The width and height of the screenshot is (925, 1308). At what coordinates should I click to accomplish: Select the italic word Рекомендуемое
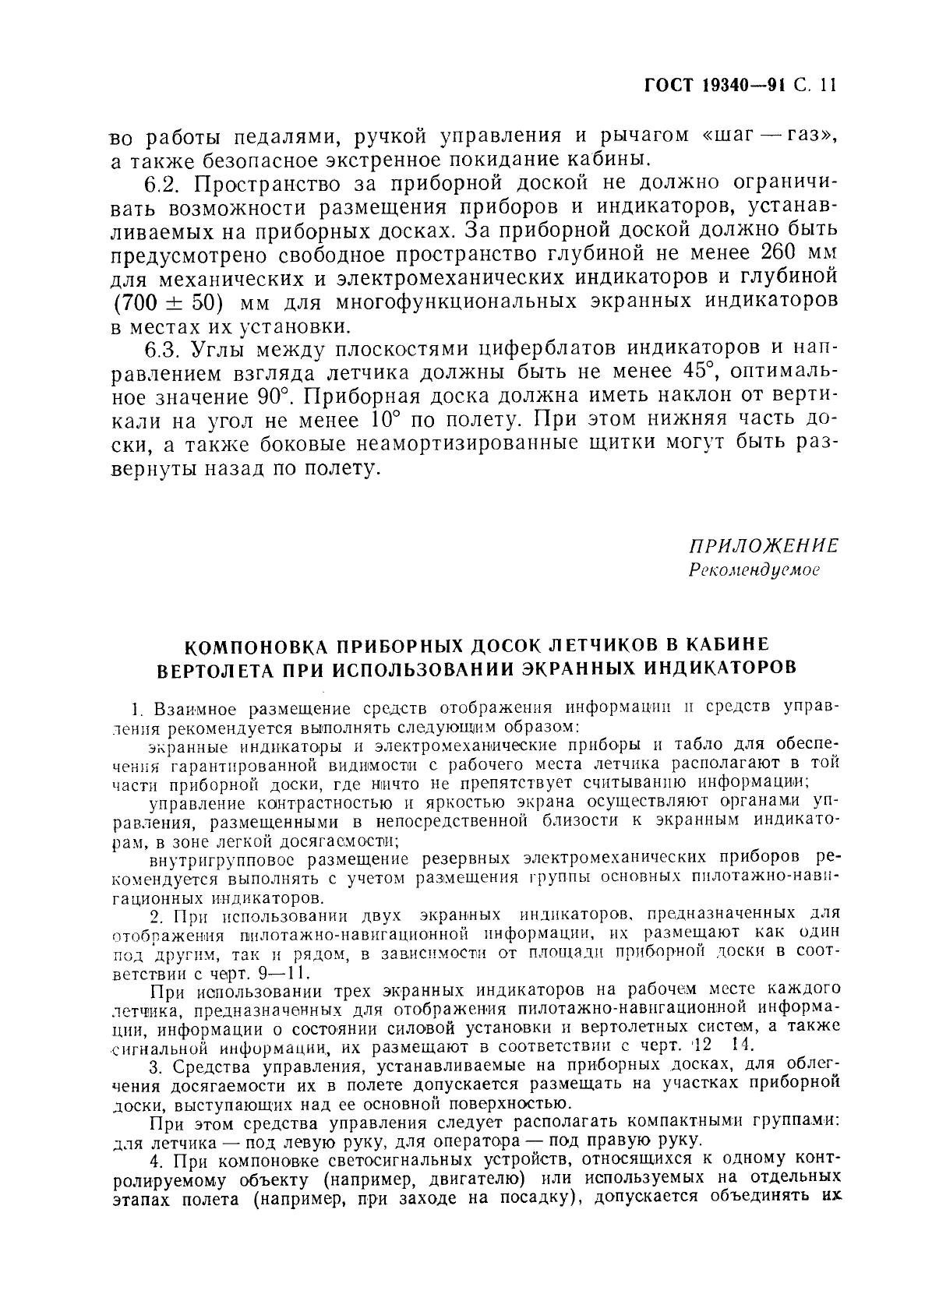coord(754,569)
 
